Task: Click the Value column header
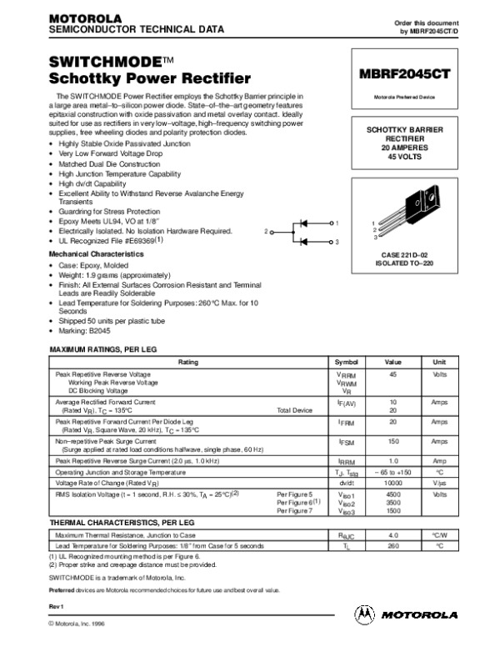(392, 362)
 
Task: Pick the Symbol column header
(345, 362)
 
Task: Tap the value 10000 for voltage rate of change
(392, 482)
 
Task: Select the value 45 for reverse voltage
(392, 374)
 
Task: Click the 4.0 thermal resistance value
(392, 534)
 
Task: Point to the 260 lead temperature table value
(392, 544)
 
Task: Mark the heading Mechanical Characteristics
(97, 253)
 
